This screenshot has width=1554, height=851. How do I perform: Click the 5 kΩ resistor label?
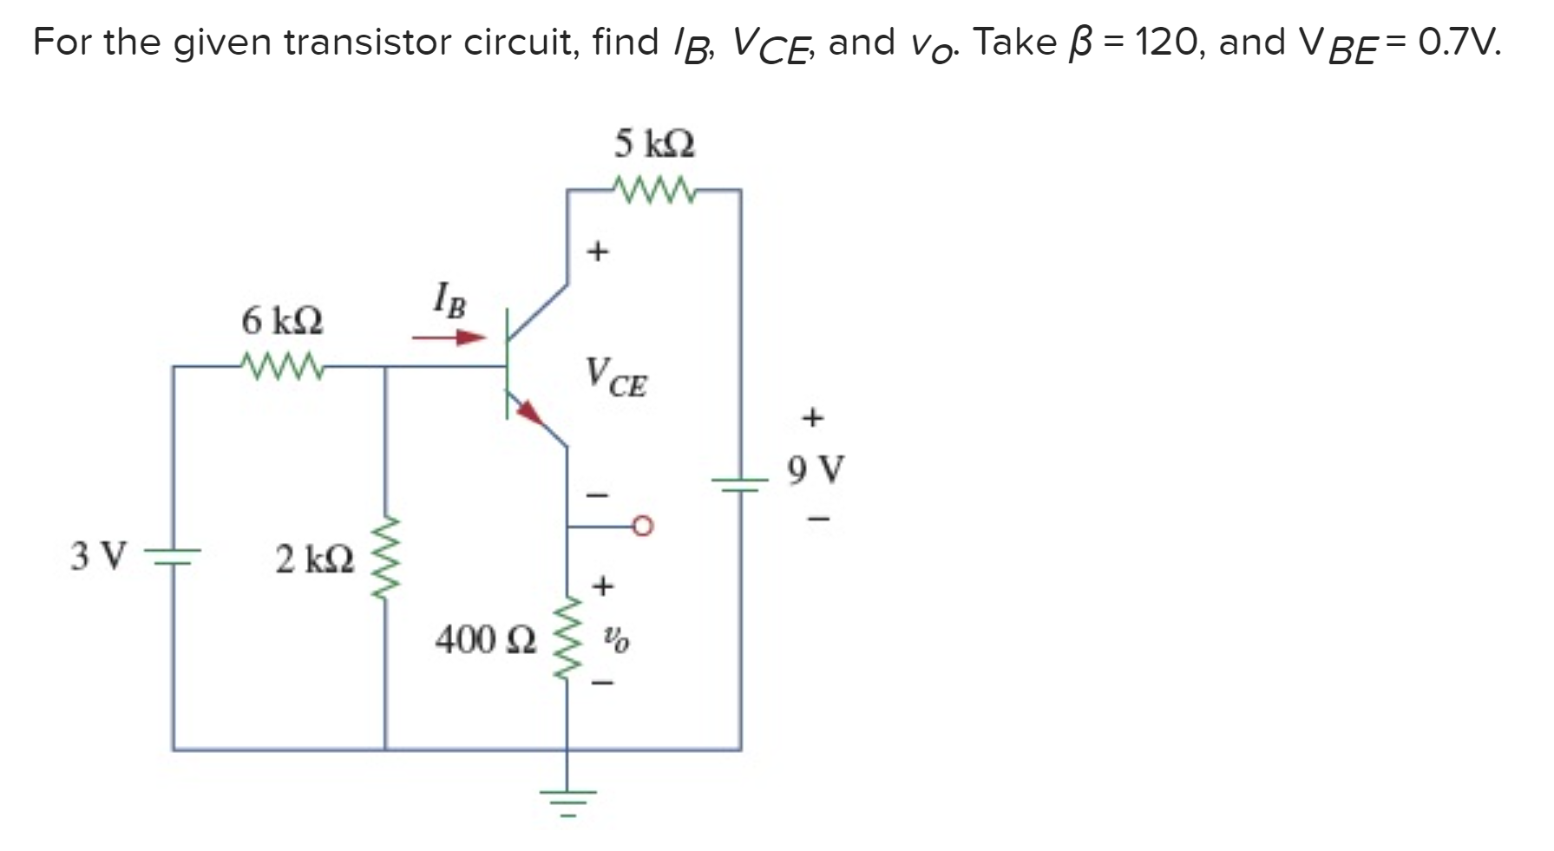654,144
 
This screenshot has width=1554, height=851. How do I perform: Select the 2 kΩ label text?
315,560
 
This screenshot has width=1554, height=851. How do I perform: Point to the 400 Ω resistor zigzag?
567,638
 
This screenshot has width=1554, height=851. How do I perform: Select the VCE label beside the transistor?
616,377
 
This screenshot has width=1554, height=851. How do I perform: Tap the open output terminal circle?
643,526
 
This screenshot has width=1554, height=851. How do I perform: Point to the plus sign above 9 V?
812,418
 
